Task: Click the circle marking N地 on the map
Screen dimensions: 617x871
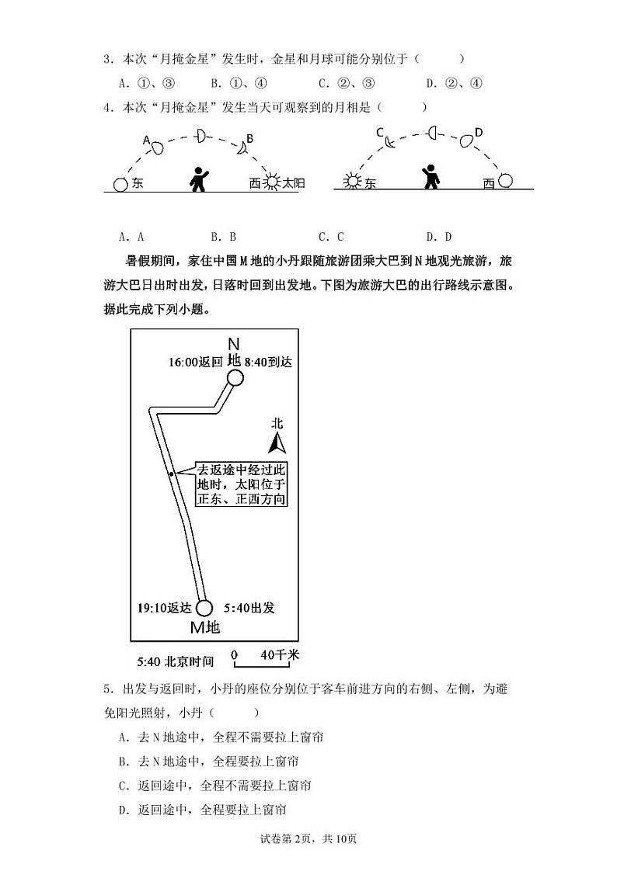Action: [x=235, y=378]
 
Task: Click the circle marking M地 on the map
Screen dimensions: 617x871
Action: [x=204, y=608]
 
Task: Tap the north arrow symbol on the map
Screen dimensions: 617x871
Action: [x=277, y=443]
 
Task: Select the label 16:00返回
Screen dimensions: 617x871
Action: [x=195, y=362]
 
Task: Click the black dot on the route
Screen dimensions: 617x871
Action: [x=171, y=473]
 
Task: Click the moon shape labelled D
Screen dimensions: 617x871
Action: [x=466, y=141]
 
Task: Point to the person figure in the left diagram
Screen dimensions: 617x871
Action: [x=200, y=179]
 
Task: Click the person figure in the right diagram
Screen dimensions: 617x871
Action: [x=429, y=178]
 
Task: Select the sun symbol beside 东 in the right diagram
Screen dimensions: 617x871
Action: [x=354, y=182]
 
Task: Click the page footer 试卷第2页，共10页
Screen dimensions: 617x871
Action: [x=308, y=838]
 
